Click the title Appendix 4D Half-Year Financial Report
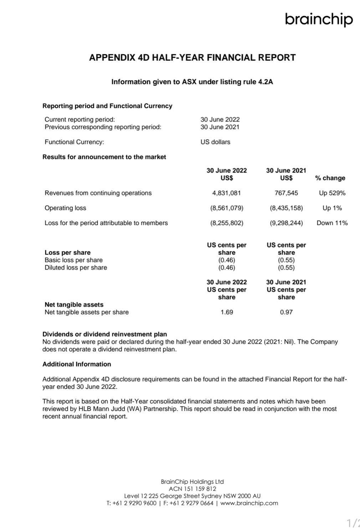click(x=192, y=58)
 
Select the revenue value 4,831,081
click(x=226, y=193)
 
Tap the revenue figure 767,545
click(x=286, y=193)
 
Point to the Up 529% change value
click(x=332, y=193)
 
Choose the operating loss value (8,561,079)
click(x=227, y=208)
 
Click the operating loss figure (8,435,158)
click(x=286, y=208)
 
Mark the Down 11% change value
click(x=332, y=223)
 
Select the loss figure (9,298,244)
click(x=286, y=223)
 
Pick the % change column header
click(x=330, y=178)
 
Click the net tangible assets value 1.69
click(x=227, y=312)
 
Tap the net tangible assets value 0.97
click(x=286, y=312)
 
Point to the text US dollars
click(x=215, y=142)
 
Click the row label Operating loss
click(x=65, y=208)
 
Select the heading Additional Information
click(x=77, y=364)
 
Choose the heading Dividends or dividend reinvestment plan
click(x=104, y=334)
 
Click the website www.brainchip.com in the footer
click(x=249, y=503)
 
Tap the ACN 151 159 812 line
click(x=192, y=489)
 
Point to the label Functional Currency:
click(x=74, y=142)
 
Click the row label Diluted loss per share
click(x=76, y=268)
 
